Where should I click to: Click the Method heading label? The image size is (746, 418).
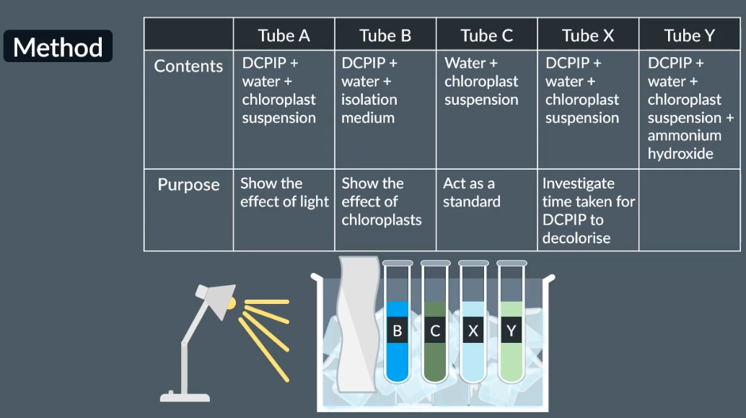tap(58, 48)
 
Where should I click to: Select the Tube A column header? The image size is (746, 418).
tap(284, 35)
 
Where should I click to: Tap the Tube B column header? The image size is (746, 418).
tap(385, 35)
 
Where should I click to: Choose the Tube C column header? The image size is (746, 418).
tap(487, 35)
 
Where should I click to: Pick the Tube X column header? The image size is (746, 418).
tap(588, 35)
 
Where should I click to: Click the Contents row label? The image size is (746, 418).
tap(188, 66)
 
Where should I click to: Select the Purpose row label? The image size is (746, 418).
tap(188, 185)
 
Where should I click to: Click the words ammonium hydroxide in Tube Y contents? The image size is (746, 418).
tap(684, 144)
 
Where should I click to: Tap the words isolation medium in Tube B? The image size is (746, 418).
tap(369, 109)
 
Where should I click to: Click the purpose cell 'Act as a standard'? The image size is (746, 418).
tap(471, 193)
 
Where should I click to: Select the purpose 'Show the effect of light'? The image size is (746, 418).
tap(284, 193)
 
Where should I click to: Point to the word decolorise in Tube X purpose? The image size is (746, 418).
tap(576, 238)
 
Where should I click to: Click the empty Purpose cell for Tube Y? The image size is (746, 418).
tap(689, 209)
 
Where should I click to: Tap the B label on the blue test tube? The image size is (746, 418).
tap(397, 331)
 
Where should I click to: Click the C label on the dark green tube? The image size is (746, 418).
tap(434, 331)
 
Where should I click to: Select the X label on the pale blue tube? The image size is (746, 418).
tap(473, 331)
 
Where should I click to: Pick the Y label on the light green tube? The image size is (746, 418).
tap(511, 331)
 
